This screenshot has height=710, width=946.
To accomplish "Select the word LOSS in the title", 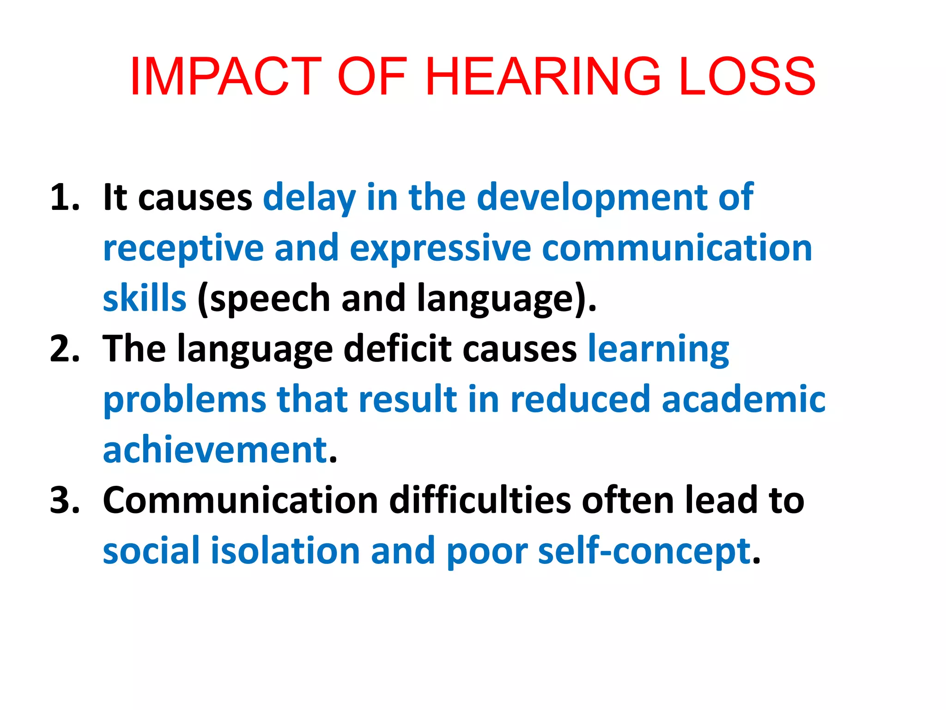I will [x=747, y=76].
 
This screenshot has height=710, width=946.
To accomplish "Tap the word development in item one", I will [x=591, y=198].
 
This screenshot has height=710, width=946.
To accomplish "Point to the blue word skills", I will [x=145, y=299].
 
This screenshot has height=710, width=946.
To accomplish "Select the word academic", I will [x=743, y=399].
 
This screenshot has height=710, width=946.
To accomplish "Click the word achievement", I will [x=215, y=450].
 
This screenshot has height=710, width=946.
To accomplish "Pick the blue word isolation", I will [x=285, y=551].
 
